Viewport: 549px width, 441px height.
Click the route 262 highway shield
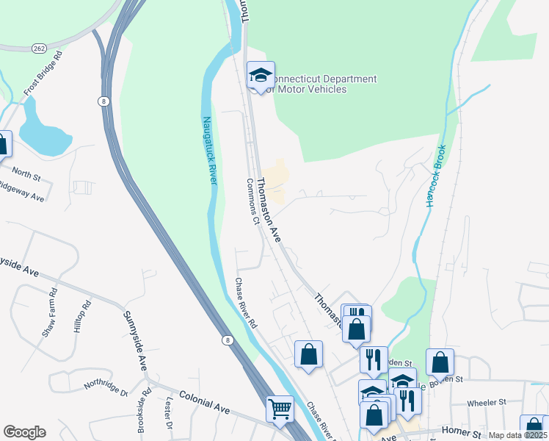[39, 48]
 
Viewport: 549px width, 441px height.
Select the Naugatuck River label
[210, 151]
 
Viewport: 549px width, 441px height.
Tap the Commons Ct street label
[253, 201]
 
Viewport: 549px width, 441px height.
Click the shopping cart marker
[280, 409]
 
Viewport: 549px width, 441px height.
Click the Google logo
[24, 431]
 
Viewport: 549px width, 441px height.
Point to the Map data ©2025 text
[517, 435]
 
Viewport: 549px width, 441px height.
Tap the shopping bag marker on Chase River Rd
[308, 354]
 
